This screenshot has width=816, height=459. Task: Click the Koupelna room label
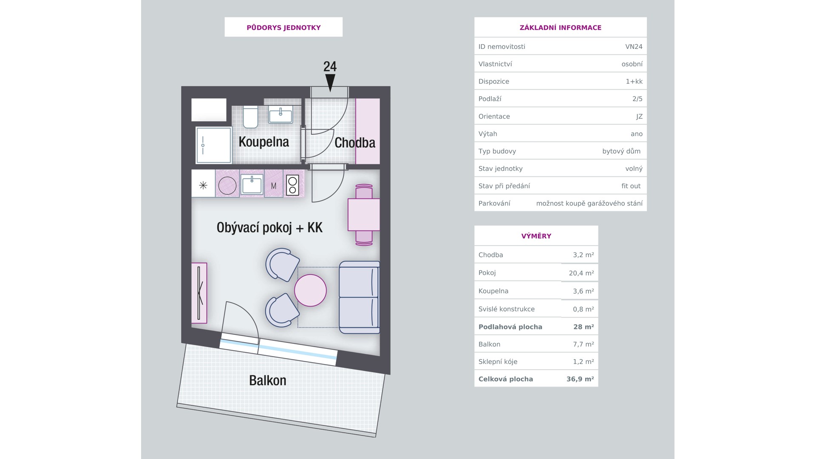[x=263, y=142]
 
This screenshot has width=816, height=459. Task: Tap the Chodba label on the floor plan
[x=355, y=143]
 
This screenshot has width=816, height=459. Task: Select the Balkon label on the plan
[x=267, y=380]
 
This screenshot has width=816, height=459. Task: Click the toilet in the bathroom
[x=251, y=117]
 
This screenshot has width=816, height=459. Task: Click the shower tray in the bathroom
[x=214, y=145]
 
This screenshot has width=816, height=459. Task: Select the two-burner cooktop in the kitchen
[x=292, y=185]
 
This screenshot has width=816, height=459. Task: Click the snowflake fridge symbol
[x=203, y=185]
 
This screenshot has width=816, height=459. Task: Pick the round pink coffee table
[x=311, y=290]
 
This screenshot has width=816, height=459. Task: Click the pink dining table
[x=364, y=215]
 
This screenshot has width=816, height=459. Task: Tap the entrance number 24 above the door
[x=330, y=67]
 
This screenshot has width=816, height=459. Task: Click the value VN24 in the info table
[x=634, y=47]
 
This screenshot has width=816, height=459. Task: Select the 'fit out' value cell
[x=631, y=186]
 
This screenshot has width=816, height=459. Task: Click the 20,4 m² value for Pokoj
[x=581, y=273]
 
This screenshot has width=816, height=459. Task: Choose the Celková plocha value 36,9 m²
[x=580, y=379]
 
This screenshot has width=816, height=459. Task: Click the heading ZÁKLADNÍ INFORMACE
[x=561, y=28]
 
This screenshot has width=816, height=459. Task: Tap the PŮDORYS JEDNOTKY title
[x=283, y=28]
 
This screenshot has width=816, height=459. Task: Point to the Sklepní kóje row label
[x=498, y=362]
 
